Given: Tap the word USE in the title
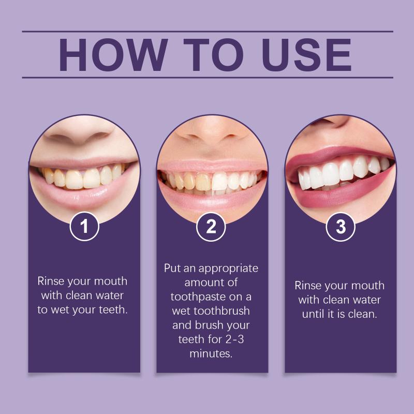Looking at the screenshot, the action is (306, 55).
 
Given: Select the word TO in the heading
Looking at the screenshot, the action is (213, 55).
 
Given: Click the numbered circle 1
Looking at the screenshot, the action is (84, 227).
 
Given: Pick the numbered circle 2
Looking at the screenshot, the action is (211, 227).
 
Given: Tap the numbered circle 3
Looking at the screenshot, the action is (341, 227).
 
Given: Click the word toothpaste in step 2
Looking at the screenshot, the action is (198, 297).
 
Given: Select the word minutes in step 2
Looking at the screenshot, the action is (211, 353).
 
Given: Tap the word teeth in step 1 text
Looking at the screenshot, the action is (113, 309).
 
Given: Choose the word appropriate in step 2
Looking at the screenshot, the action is (228, 269).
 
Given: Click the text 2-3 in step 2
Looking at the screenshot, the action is (235, 339).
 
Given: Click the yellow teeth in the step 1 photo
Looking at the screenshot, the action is (83, 177).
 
